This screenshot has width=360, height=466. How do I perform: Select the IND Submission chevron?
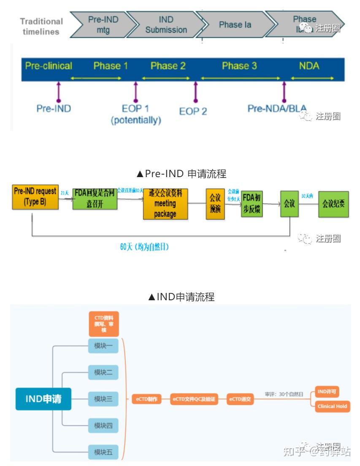(x=166, y=25)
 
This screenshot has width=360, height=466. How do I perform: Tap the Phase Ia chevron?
(x=235, y=25)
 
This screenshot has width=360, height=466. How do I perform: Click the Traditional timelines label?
(x=41, y=26)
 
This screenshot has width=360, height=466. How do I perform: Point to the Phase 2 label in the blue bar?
(x=168, y=66)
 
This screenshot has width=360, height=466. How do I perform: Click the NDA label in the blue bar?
(x=309, y=66)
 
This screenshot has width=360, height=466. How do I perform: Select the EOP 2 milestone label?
(x=193, y=111)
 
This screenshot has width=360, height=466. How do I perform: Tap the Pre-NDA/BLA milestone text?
(x=277, y=108)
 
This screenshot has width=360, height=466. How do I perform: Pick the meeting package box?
(x=165, y=204)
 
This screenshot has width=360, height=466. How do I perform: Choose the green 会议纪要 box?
(x=333, y=204)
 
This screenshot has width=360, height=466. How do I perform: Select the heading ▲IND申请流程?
(x=181, y=297)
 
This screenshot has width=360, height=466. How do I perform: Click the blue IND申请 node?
(x=43, y=399)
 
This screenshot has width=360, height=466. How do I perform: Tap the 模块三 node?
(x=103, y=399)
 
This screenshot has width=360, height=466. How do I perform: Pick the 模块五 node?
(x=103, y=452)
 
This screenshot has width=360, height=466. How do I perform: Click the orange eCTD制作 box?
(x=147, y=399)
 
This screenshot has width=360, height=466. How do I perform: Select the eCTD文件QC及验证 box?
(x=195, y=399)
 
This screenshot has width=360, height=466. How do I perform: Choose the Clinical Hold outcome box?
(x=332, y=406)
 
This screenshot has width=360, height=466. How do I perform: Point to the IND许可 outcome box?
(x=327, y=392)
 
